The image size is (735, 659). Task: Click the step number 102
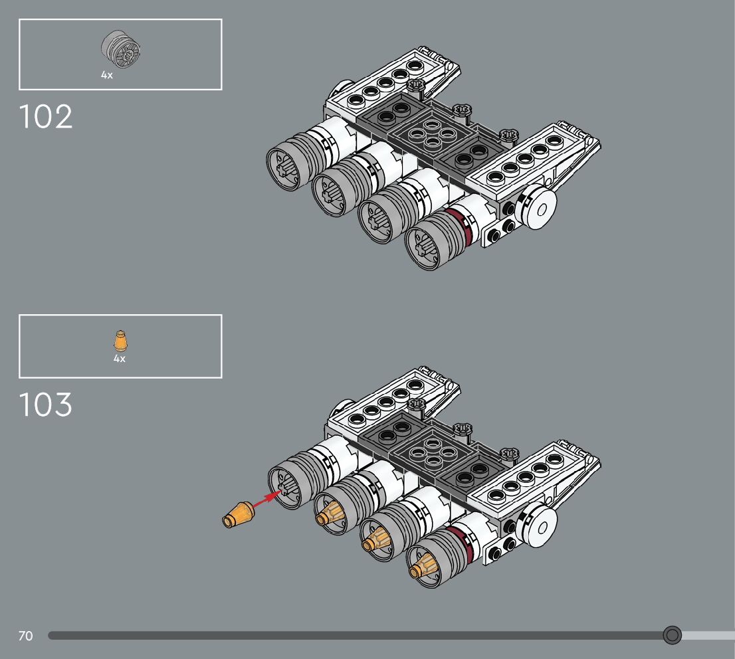(46, 117)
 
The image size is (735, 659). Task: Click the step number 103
(46, 405)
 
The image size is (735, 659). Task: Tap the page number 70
(25, 636)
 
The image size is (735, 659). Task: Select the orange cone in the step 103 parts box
(120, 341)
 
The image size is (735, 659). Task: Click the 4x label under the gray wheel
(107, 76)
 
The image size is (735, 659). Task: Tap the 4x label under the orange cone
(120, 359)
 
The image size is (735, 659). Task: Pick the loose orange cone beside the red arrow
(238, 516)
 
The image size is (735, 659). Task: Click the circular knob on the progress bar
(673, 636)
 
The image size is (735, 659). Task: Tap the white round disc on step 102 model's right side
(538, 208)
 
